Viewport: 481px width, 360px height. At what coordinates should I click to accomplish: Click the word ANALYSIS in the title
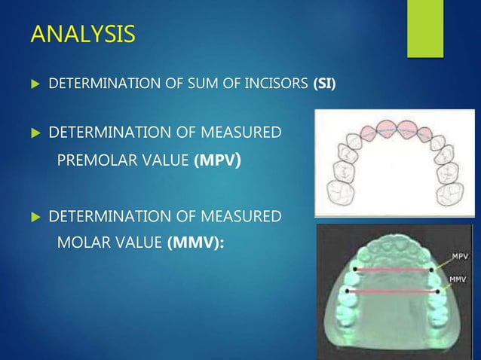(82, 34)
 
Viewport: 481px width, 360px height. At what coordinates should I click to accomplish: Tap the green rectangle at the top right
(425, 27)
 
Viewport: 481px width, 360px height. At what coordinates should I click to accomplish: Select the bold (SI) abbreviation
(324, 82)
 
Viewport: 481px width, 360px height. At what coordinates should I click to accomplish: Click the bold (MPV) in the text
(218, 160)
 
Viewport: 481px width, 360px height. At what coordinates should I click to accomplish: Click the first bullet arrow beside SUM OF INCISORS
(33, 82)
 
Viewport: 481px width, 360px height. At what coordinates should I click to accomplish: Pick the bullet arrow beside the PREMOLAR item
(33, 134)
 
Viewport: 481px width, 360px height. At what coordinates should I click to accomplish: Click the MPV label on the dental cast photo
(459, 256)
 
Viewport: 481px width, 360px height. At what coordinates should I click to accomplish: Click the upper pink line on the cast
(388, 268)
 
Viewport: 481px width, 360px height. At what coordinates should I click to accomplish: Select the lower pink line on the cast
(391, 291)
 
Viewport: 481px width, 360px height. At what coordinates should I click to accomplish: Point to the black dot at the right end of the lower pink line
(437, 291)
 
